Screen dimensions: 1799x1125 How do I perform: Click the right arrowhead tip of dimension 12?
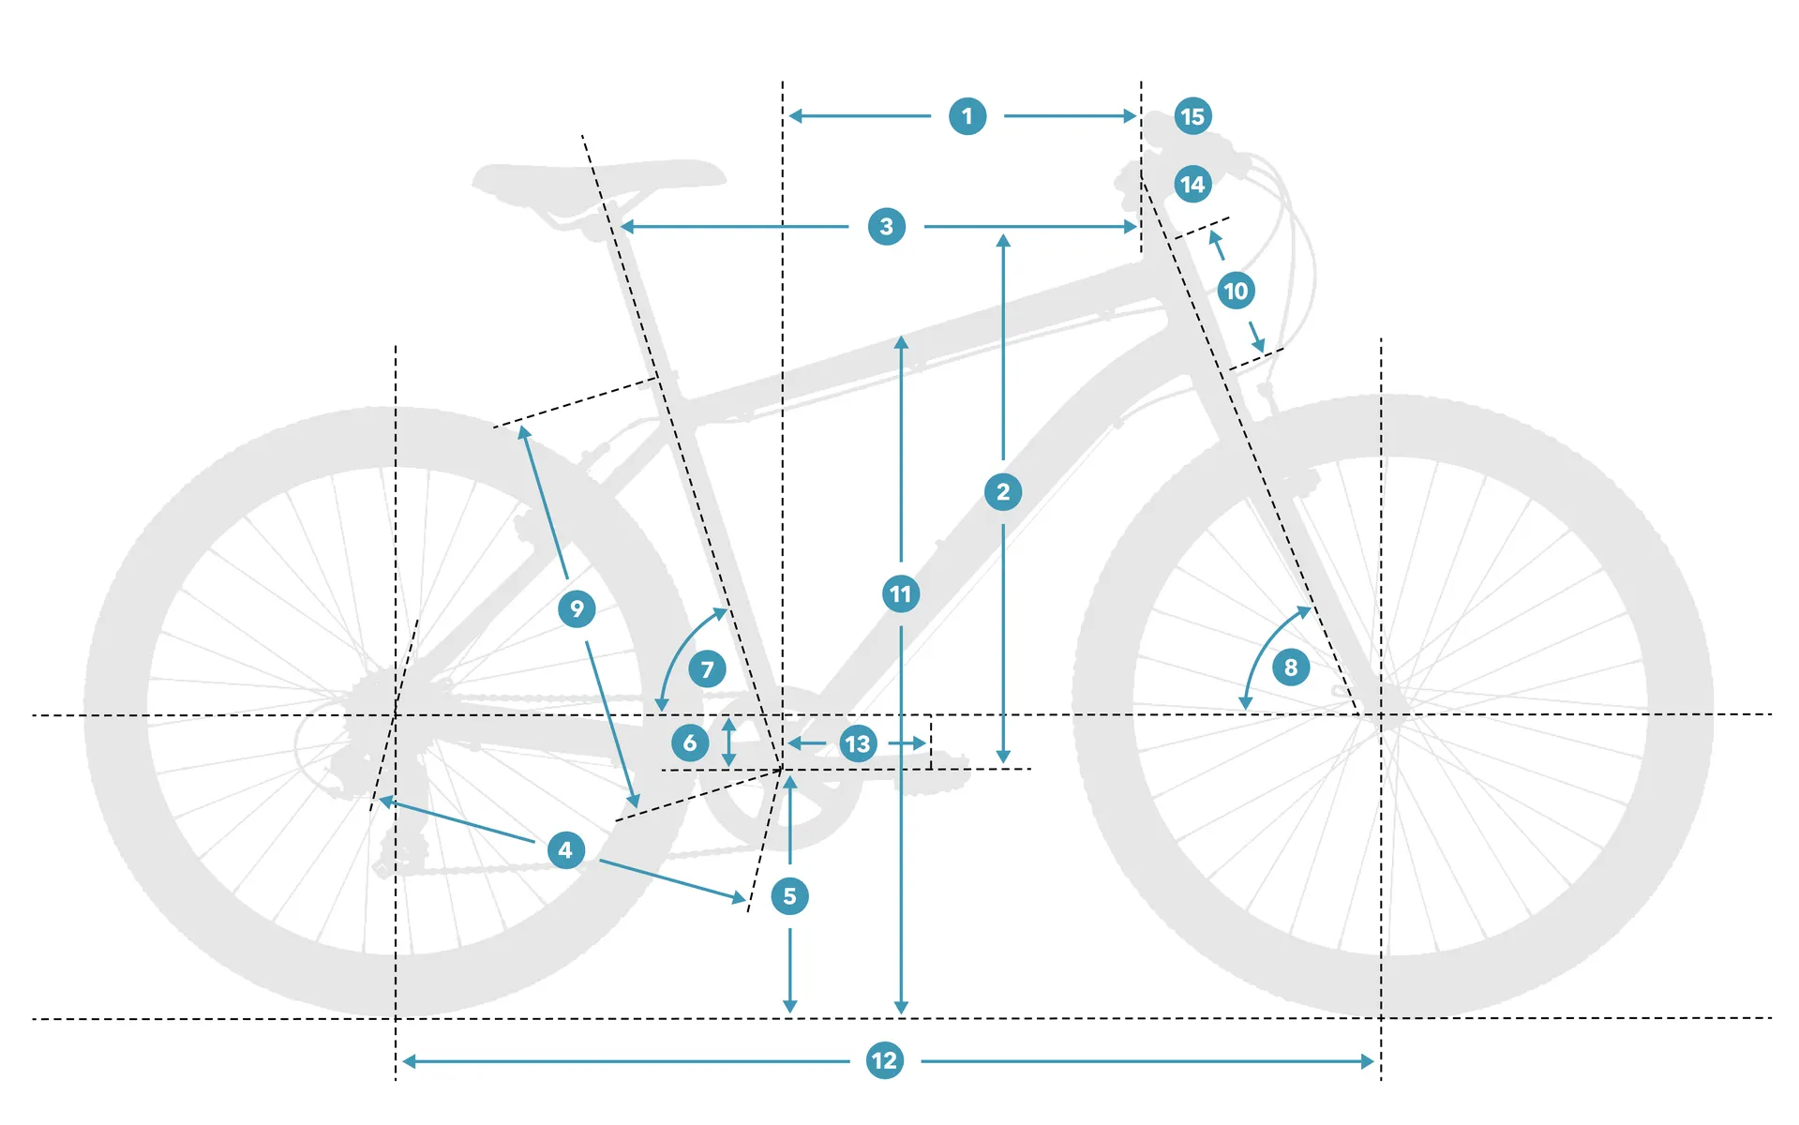(1374, 1061)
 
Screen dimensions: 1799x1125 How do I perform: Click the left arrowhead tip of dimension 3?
(620, 227)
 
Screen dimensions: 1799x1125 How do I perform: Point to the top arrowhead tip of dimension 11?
(901, 336)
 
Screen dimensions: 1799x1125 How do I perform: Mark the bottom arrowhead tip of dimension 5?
(790, 1013)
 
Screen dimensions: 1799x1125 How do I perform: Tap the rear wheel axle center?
(396, 715)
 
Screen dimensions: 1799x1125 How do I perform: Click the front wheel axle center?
(1381, 715)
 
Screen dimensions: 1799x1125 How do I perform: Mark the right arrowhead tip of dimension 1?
(1137, 116)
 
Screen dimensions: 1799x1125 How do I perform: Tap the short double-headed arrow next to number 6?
(728, 742)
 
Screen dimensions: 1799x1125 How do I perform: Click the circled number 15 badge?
(1192, 116)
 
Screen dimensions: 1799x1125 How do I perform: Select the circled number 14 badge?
(1192, 185)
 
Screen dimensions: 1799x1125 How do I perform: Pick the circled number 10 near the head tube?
(1237, 291)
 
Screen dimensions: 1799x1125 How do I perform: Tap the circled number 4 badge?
(565, 850)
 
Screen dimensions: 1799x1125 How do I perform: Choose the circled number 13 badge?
(858, 744)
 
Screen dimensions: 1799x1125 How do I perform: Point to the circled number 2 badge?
(1003, 492)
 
